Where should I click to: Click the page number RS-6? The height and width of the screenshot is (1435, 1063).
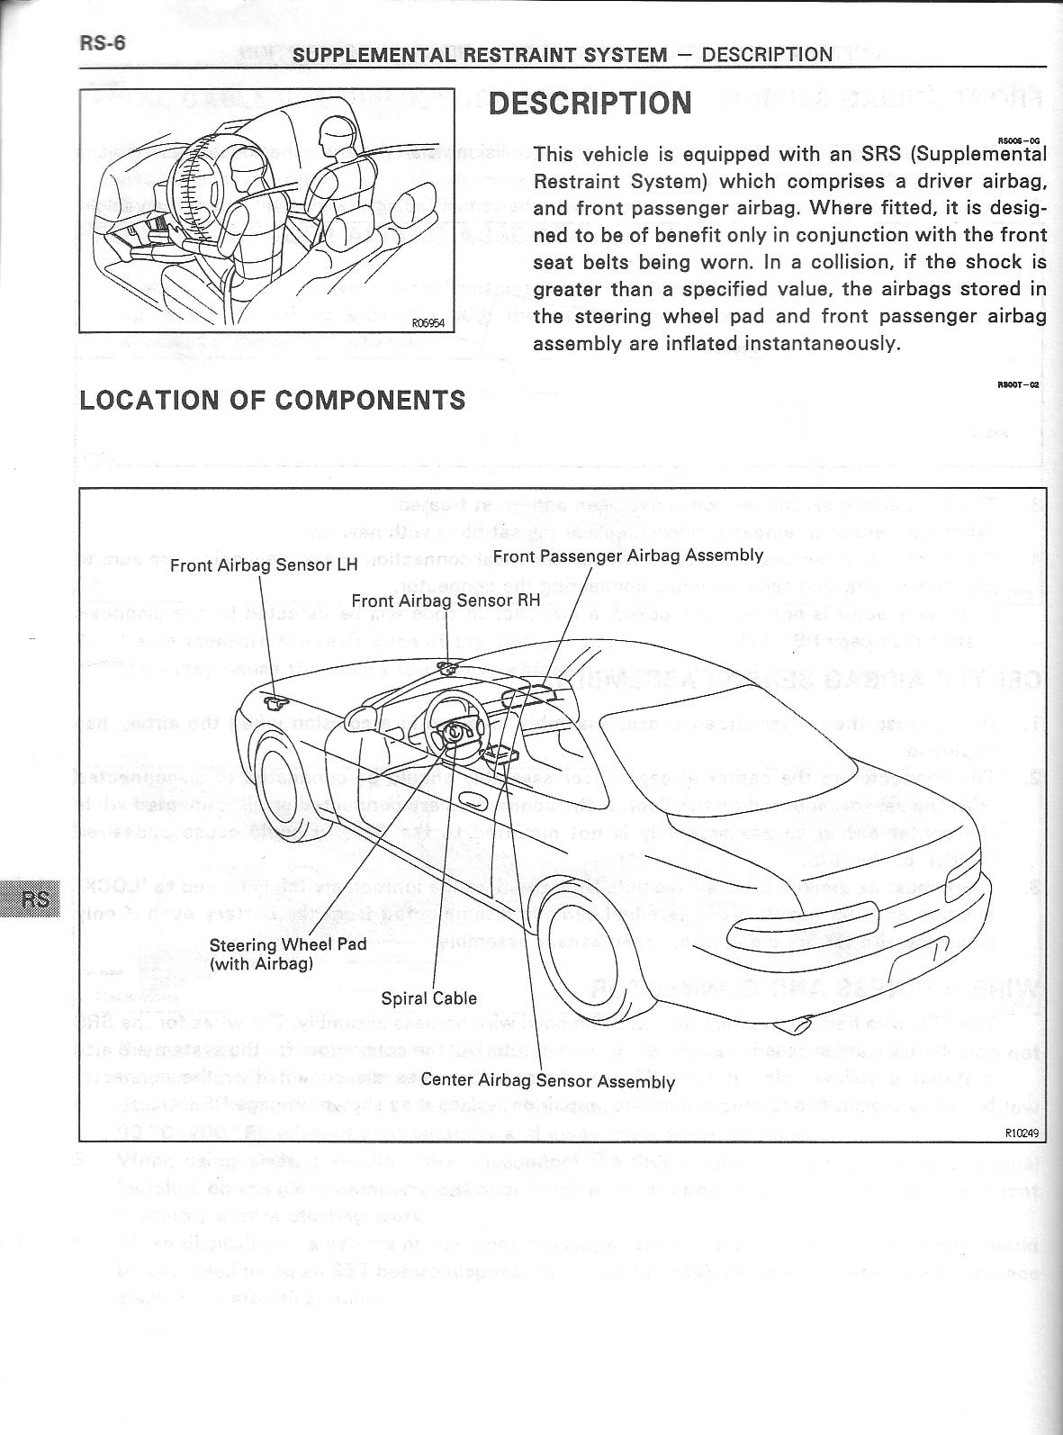point(102,43)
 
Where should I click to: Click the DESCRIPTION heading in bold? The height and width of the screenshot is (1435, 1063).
point(590,104)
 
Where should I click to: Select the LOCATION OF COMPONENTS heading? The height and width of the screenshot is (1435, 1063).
point(273,400)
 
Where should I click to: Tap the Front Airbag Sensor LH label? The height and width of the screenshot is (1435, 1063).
point(264,565)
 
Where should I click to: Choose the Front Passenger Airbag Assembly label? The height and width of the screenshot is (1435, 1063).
point(627,555)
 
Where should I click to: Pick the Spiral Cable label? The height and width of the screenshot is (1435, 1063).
point(428,997)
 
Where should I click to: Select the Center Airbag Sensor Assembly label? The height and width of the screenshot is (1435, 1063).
point(547,1080)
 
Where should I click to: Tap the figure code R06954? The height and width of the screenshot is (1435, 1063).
point(428,324)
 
